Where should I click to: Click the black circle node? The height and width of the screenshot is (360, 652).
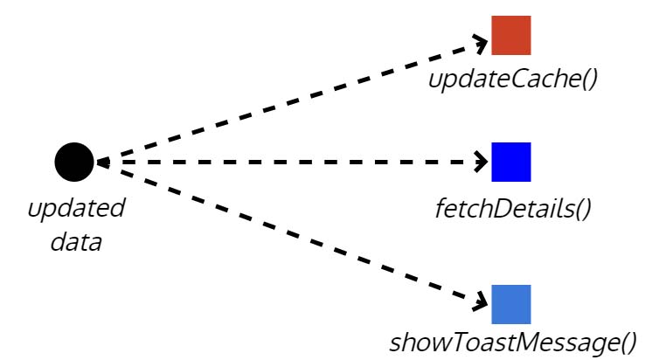coord(73,162)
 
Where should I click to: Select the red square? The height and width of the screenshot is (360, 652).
coord(510,35)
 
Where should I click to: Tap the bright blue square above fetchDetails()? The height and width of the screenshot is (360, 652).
coord(510,162)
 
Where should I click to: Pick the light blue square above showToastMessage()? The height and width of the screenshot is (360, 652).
coord(510,304)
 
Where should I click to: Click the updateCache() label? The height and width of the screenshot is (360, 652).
coord(512,80)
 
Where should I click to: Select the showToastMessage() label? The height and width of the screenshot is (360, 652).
coord(512,343)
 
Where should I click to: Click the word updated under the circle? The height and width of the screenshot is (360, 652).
coord(76,210)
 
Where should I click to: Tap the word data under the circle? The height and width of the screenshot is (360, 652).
coord(76,242)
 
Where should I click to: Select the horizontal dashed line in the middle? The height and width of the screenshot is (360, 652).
coord(288,162)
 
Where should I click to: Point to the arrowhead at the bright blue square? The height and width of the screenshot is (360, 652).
coord(482,162)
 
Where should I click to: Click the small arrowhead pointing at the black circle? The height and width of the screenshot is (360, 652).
coord(101,162)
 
